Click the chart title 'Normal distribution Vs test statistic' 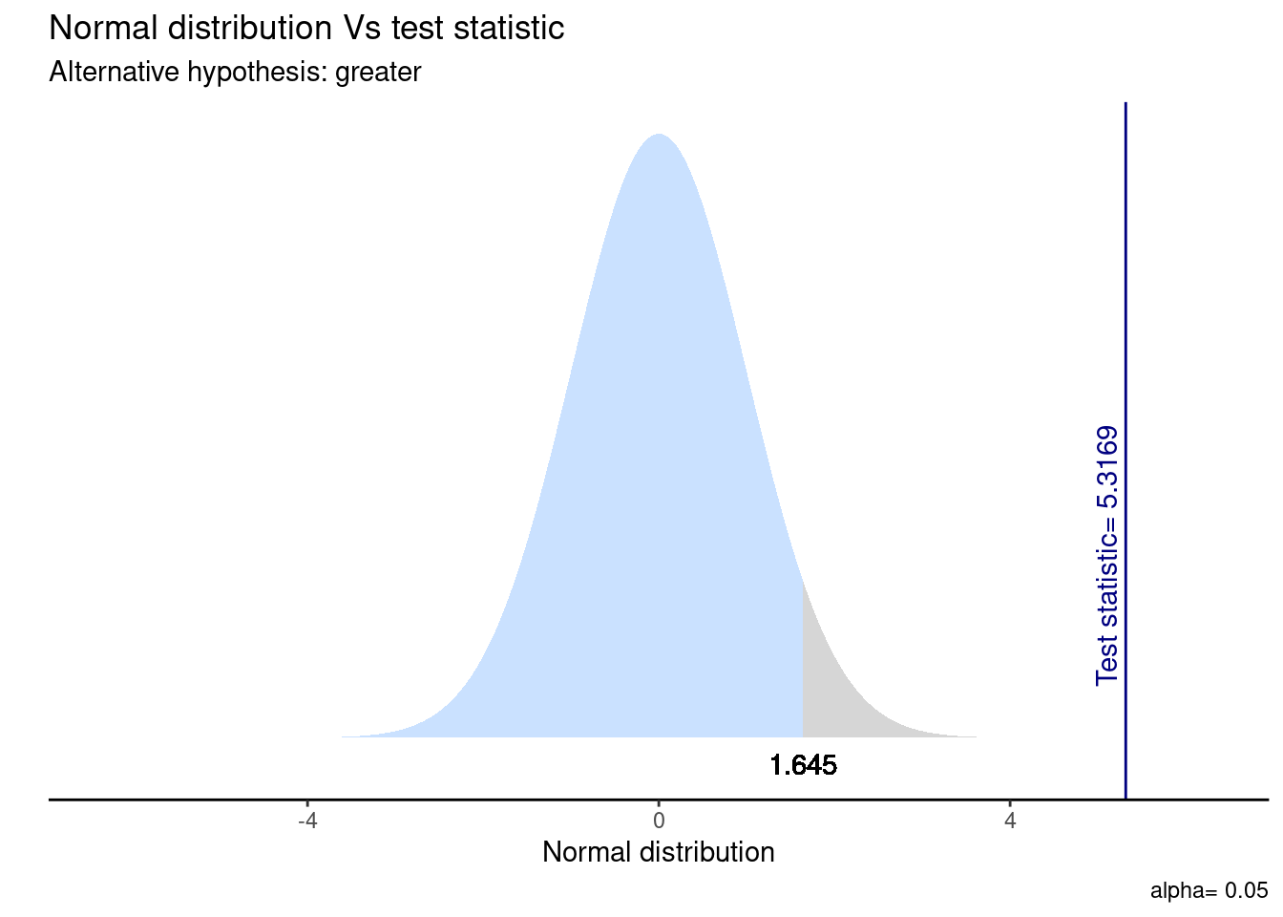point(306,29)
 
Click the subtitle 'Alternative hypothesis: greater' point(235,72)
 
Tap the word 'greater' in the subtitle point(378,73)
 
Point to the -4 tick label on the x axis point(306,821)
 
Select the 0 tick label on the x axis point(658,821)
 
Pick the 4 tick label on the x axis point(1010,821)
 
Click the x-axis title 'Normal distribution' point(658,852)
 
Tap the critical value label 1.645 point(803,765)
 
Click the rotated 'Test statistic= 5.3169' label point(1107,555)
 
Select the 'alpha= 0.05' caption point(1209,891)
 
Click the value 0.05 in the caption point(1247,891)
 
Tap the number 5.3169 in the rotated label point(1107,468)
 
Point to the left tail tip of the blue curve point(344,736)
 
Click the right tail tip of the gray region point(974,736)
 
